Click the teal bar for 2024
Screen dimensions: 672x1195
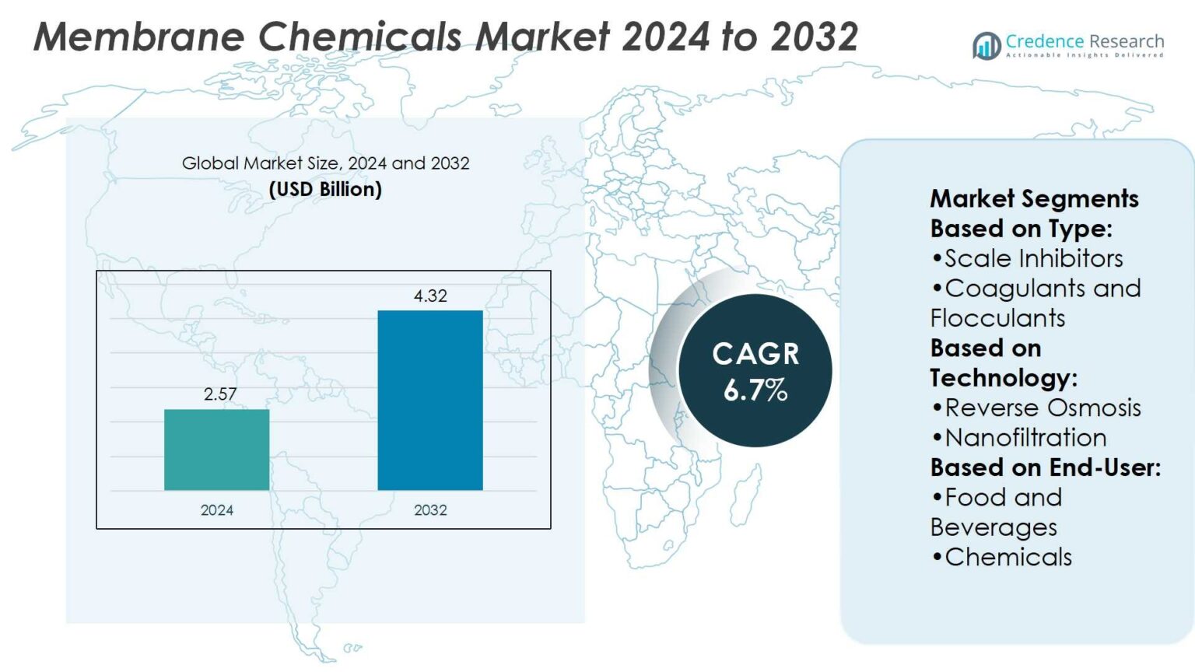pos(216,450)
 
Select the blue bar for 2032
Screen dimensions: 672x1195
pos(430,400)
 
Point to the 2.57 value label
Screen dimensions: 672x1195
pos(220,394)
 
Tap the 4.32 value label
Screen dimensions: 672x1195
pos(430,296)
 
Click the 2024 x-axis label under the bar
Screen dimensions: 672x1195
pos(217,510)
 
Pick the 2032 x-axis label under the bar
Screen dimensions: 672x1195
pos(430,510)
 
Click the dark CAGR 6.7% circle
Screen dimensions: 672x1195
pos(755,371)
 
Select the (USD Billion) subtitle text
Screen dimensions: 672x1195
pos(325,190)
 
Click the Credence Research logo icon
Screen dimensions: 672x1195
pos(986,46)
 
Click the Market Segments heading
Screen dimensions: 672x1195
pos(1034,198)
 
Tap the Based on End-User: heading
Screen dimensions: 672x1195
pos(1045,467)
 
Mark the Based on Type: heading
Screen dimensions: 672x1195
pos(1021,229)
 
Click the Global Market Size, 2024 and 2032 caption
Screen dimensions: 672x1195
pos(325,163)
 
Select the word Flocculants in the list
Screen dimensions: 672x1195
pos(997,318)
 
